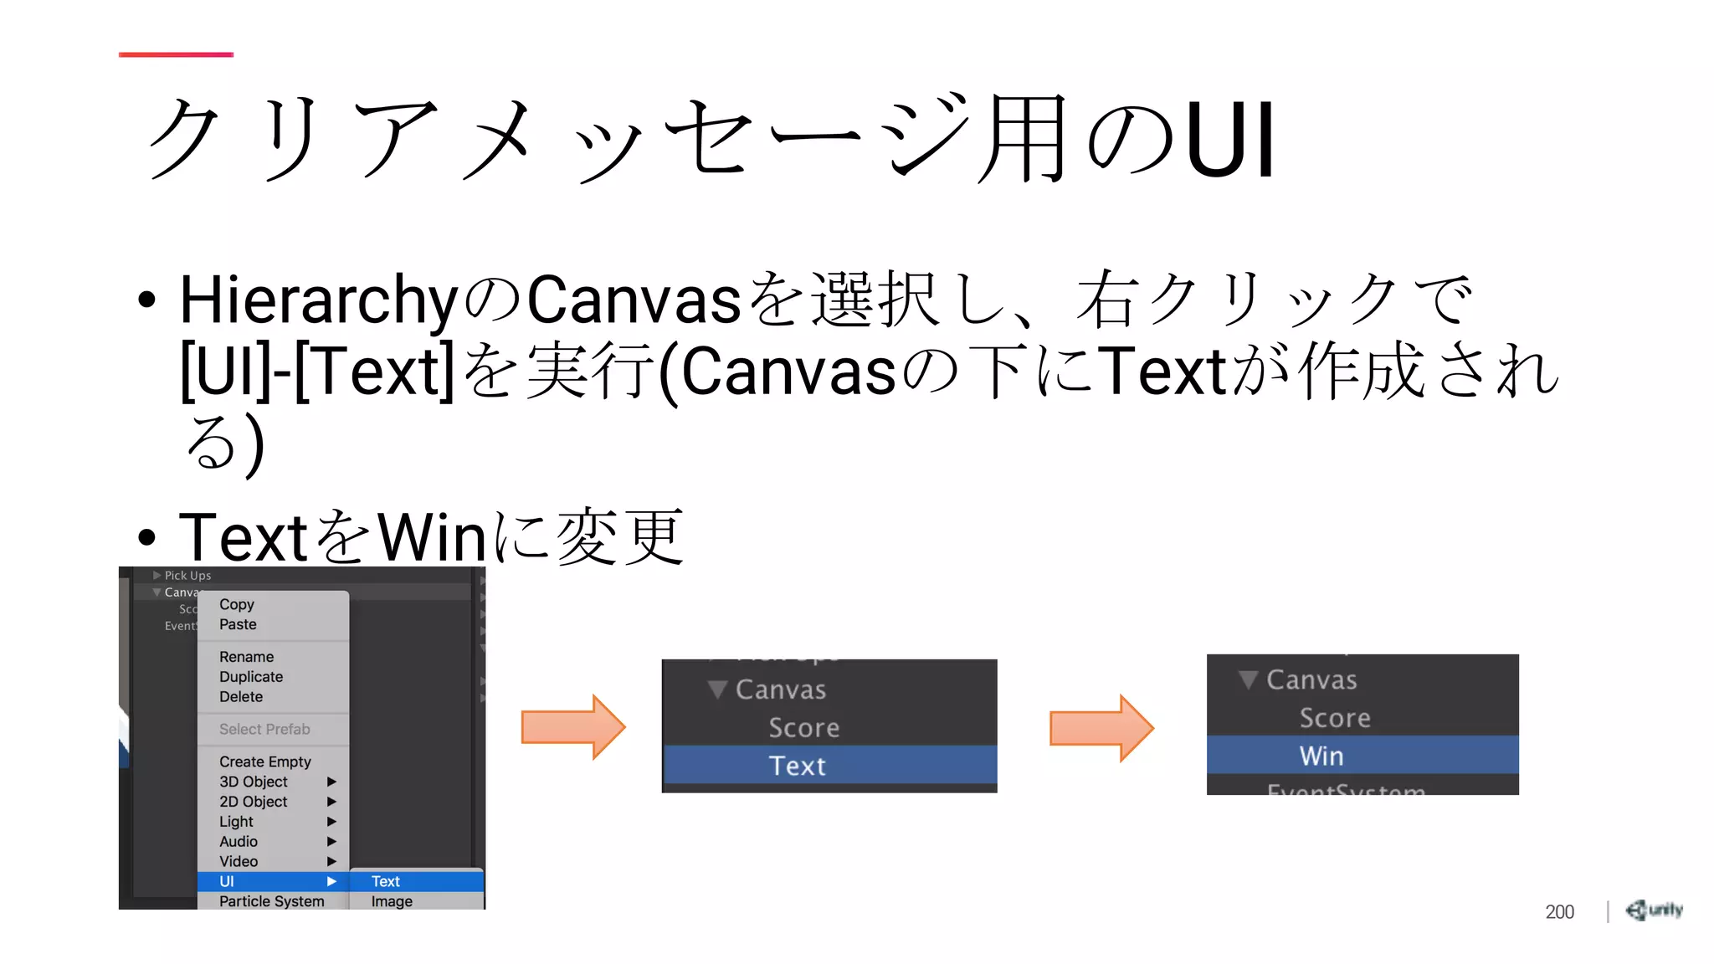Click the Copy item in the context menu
(237, 604)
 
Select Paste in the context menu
(238, 624)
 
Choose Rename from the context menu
(246, 657)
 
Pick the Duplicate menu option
(251, 677)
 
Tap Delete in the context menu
(241, 697)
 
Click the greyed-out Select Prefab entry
(264, 729)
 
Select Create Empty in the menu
(264, 761)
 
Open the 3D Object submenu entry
(254, 782)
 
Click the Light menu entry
(236, 822)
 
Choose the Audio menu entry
(239, 842)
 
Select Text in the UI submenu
(386, 881)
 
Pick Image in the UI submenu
(392, 901)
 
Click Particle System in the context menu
(271, 901)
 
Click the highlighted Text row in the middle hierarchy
(829, 766)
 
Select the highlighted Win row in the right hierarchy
(1362, 756)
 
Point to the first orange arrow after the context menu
(573, 726)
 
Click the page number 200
(1559, 911)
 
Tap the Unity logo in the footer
(1654, 910)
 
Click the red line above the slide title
(176, 54)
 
